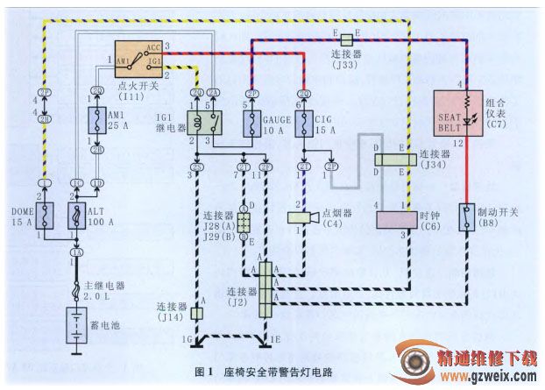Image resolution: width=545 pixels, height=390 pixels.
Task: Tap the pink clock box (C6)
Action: pyautogui.click(x=398, y=217)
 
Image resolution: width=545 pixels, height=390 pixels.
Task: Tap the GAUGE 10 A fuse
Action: pyautogui.click(x=250, y=124)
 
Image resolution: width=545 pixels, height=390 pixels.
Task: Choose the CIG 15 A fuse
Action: pyautogui.click(x=302, y=124)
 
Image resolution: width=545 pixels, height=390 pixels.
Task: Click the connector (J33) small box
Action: pyautogui.click(x=347, y=39)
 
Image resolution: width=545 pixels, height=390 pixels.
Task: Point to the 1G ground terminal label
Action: pyautogui.click(x=187, y=337)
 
